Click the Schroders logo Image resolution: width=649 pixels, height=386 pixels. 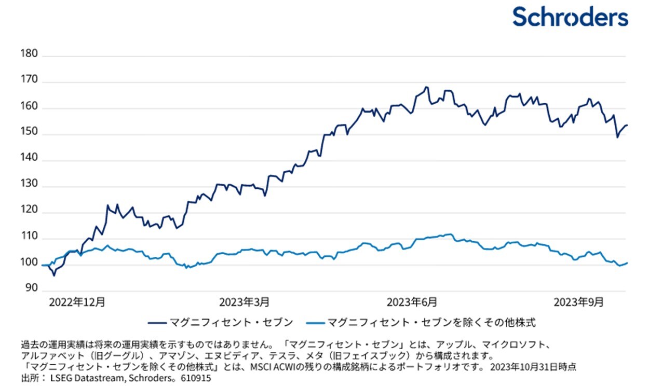pos(570,17)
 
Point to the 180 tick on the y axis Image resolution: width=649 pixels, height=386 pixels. pos(29,54)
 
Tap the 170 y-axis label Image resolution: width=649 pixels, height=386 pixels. pos(29,80)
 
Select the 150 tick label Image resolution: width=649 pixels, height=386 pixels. pos(29,132)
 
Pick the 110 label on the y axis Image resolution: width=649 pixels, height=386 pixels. pos(29,237)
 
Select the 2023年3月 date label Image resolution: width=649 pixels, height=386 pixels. pos(244,301)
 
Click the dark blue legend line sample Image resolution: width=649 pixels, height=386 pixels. pos(157,323)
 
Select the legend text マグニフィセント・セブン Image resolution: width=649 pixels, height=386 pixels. pos(232,323)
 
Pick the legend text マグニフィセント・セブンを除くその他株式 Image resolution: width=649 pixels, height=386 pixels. pos(431,323)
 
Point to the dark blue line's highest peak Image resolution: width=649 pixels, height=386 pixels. pos(426,87)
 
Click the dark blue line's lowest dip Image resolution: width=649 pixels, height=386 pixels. pos(54,275)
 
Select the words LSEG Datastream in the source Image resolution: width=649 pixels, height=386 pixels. pos(83,379)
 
